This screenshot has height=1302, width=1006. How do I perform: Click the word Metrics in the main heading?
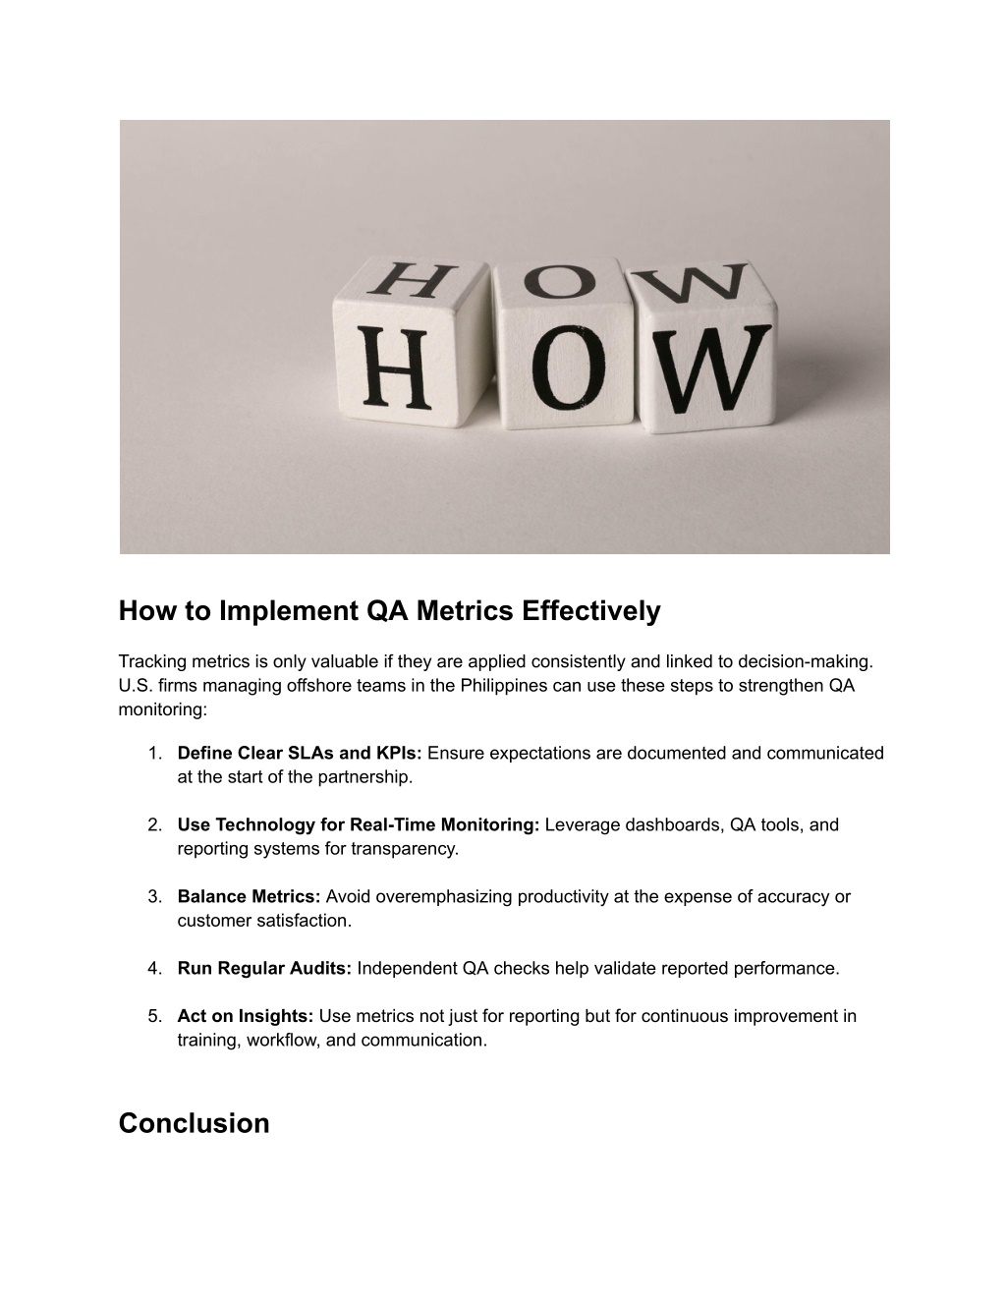tap(465, 611)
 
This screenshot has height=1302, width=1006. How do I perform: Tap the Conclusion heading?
tap(194, 1123)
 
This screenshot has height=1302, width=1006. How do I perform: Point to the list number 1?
tap(154, 754)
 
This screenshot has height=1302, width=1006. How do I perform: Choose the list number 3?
tap(154, 897)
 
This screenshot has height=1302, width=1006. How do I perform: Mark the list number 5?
tap(154, 1016)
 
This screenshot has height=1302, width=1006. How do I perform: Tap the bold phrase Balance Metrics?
tap(250, 897)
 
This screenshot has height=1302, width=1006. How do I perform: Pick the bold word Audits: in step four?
tap(320, 969)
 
